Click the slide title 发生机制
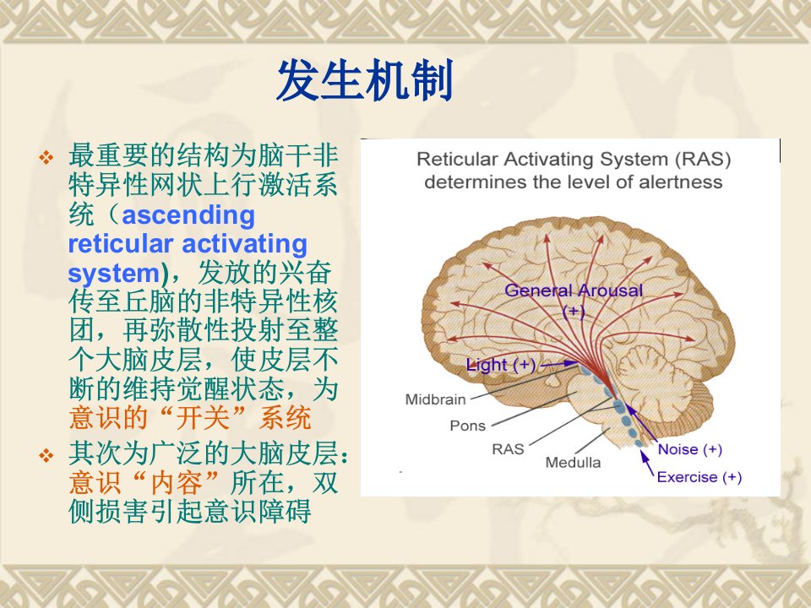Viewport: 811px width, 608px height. (x=365, y=80)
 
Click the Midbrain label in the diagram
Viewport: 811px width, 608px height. (x=436, y=399)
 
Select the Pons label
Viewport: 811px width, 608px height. (x=467, y=426)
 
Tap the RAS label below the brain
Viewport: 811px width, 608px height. (x=508, y=448)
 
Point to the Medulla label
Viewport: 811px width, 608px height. (x=573, y=462)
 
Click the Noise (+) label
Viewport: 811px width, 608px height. (x=690, y=449)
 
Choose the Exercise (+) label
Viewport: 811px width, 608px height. (x=699, y=476)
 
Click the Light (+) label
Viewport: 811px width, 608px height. (x=501, y=365)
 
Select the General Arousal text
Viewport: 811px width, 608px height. (x=574, y=290)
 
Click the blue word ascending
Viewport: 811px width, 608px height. (x=188, y=215)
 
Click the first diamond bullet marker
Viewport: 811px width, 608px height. (x=46, y=157)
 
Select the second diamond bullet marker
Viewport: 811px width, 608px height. (x=46, y=456)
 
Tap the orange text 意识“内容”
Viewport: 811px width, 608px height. (x=144, y=482)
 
